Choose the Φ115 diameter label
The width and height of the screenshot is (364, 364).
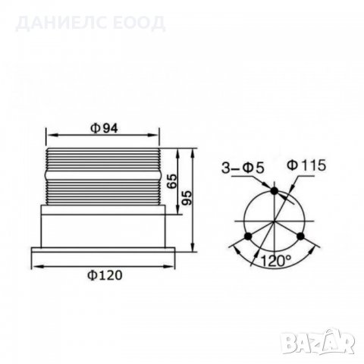pos(307,165)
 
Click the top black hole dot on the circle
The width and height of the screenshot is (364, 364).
pos(273,192)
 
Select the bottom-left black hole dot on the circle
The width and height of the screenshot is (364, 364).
pos(245,239)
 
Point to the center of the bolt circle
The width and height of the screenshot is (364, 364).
pos(273,222)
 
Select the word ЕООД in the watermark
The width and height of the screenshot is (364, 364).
pos(140,22)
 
